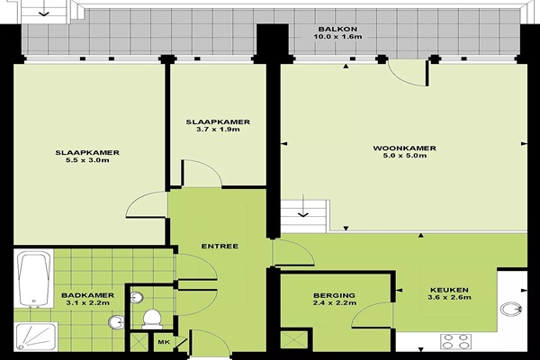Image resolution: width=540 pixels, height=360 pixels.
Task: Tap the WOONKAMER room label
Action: pyautogui.click(x=404, y=148)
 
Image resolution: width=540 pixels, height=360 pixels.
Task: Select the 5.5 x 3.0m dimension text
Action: pyautogui.click(x=87, y=160)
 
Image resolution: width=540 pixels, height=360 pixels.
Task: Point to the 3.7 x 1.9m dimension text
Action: pyautogui.click(x=218, y=130)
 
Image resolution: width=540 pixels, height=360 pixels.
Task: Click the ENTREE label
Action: pyautogui.click(x=220, y=247)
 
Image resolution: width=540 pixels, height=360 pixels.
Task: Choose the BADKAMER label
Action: pyautogui.click(x=87, y=295)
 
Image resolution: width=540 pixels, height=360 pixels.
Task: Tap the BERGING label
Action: pyautogui.click(x=334, y=295)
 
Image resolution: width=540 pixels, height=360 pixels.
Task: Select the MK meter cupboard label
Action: pyautogui.click(x=164, y=342)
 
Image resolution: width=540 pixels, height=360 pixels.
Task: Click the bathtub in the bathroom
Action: pyautogui.click(x=34, y=279)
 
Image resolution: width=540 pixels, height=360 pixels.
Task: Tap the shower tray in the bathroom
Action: pyautogui.click(x=36, y=337)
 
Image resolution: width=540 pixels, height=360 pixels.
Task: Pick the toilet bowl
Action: pyautogui.click(x=152, y=319)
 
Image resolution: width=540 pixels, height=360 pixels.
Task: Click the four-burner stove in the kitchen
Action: pyautogui.click(x=455, y=341)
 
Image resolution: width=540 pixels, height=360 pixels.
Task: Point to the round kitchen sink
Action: pyautogui.click(x=510, y=309)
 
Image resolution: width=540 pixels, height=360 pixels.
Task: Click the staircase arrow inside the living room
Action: pyautogui.click(x=303, y=206)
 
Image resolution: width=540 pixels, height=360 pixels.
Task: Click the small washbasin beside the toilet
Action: pyautogui.click(x=137, y=297)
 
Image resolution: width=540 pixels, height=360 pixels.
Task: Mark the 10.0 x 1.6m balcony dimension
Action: pyautogui.click(x=337, y=37)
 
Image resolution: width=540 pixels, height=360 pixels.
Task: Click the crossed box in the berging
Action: pyautogui.click(x=293, y=340)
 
